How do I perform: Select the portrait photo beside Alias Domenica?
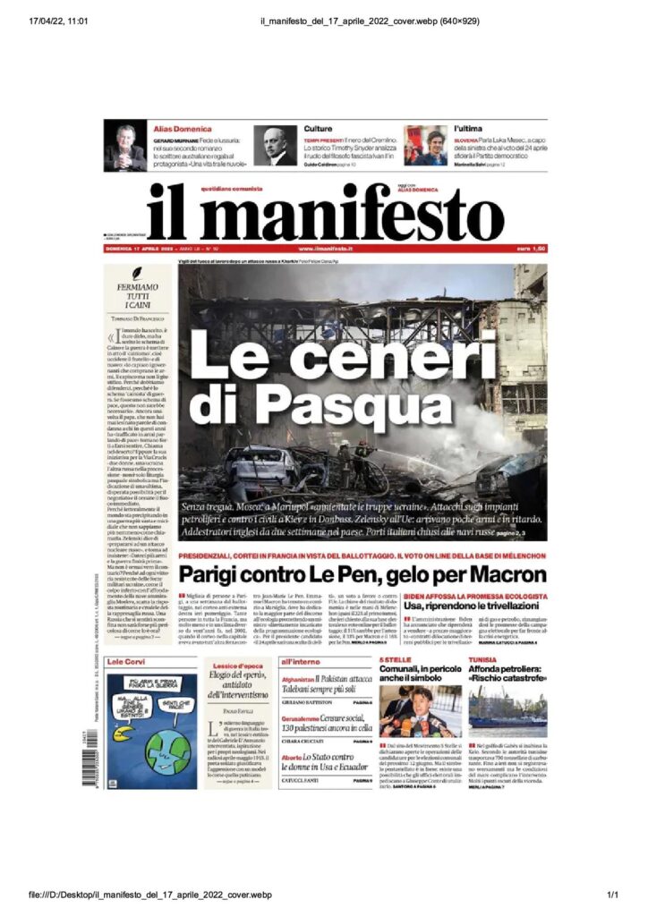pos(124,147)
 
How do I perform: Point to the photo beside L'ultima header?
pos(425,147)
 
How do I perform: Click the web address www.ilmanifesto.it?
pos(326,248)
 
